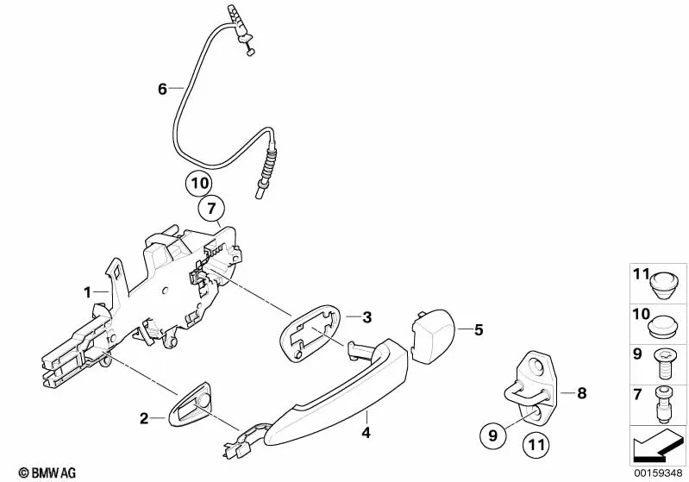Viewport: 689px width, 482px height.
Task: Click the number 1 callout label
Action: (87, 292)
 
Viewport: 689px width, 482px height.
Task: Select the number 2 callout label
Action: (145, 419)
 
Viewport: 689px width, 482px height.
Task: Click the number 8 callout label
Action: (581, 394)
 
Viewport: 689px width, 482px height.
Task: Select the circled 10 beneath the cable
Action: (198, 184)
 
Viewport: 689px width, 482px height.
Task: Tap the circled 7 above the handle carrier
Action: (211, 208)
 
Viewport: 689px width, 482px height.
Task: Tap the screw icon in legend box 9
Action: (665, 363)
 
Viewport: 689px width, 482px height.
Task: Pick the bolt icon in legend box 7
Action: (665, 402)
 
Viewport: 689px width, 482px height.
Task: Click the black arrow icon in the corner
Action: (656, 448)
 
